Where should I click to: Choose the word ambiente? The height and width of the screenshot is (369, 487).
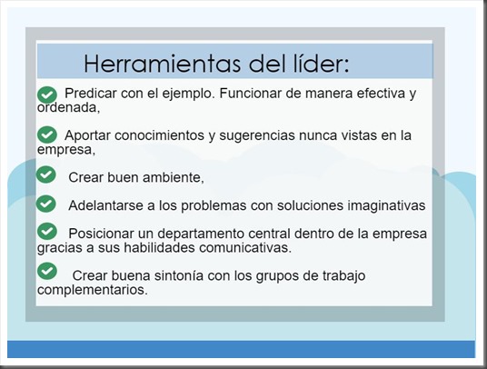click(171, 176)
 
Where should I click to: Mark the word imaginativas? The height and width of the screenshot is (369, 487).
click(374, 204)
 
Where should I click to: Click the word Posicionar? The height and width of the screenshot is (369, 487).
click(104, 234)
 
